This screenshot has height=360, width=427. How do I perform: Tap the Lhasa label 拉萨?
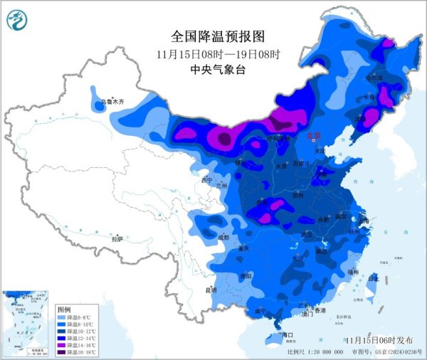tap(117, 239)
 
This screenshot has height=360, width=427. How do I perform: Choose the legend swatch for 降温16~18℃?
tap(62, 351)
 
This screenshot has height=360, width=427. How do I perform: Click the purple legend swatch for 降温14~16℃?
tap(62, 344)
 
